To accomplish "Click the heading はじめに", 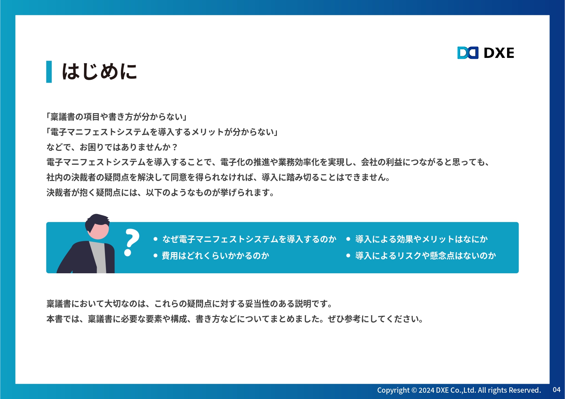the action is click(99, 71).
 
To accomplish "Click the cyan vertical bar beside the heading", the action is click(49, 71).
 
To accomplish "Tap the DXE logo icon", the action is click(468, 53).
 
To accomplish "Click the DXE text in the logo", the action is click(499, 53).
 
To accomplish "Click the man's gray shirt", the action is click(98, 257).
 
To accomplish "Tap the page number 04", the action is click(556, 390).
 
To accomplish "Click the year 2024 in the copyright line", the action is click(426, 390).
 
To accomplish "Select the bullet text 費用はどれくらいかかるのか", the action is click(215, 256).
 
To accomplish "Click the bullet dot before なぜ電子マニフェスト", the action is click(155, 239).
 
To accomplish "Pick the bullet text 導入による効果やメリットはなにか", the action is click(421, 239).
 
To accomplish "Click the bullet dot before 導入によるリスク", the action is click(348, 256).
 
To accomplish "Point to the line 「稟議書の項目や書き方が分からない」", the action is click(116, 117).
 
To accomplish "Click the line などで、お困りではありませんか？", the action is click(112, 147).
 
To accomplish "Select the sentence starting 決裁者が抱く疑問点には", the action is click(160, 193).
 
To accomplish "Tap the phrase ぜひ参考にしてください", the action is click(376, 319).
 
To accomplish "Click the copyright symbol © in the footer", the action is click(414, 390).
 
